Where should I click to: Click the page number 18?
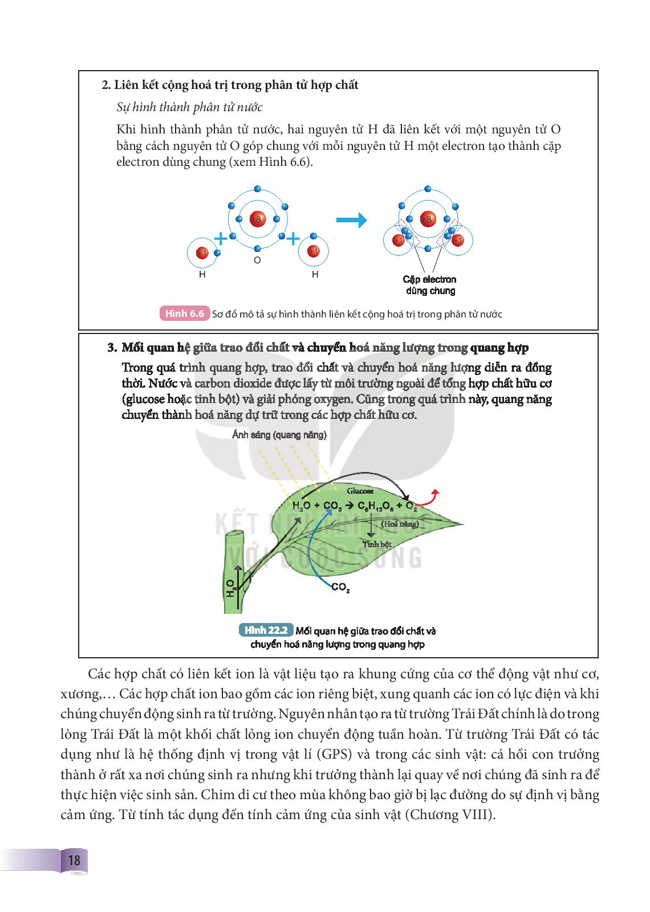(x=74, y=860)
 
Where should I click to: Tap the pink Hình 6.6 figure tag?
(x=184, y=313)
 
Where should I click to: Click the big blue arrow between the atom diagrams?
(x=351, y=219)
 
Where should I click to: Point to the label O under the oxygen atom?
(x=257, y=260)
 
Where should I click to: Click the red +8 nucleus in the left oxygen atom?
(x=257, y=219)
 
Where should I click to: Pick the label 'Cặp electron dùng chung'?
(x=430, y=285)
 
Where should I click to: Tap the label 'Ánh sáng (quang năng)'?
(x=279, y=435)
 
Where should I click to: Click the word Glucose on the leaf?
(x=360, y=491)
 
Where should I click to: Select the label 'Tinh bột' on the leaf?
(x=377, y=544)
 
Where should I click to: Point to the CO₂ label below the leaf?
(x=340, y=587)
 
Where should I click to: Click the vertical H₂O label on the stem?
(x=230, y=588)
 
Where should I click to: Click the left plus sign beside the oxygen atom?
(x=220, y=238)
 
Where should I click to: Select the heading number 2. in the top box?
(x=105, y=85)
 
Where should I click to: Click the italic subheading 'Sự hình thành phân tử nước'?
(x=189, y=107)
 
